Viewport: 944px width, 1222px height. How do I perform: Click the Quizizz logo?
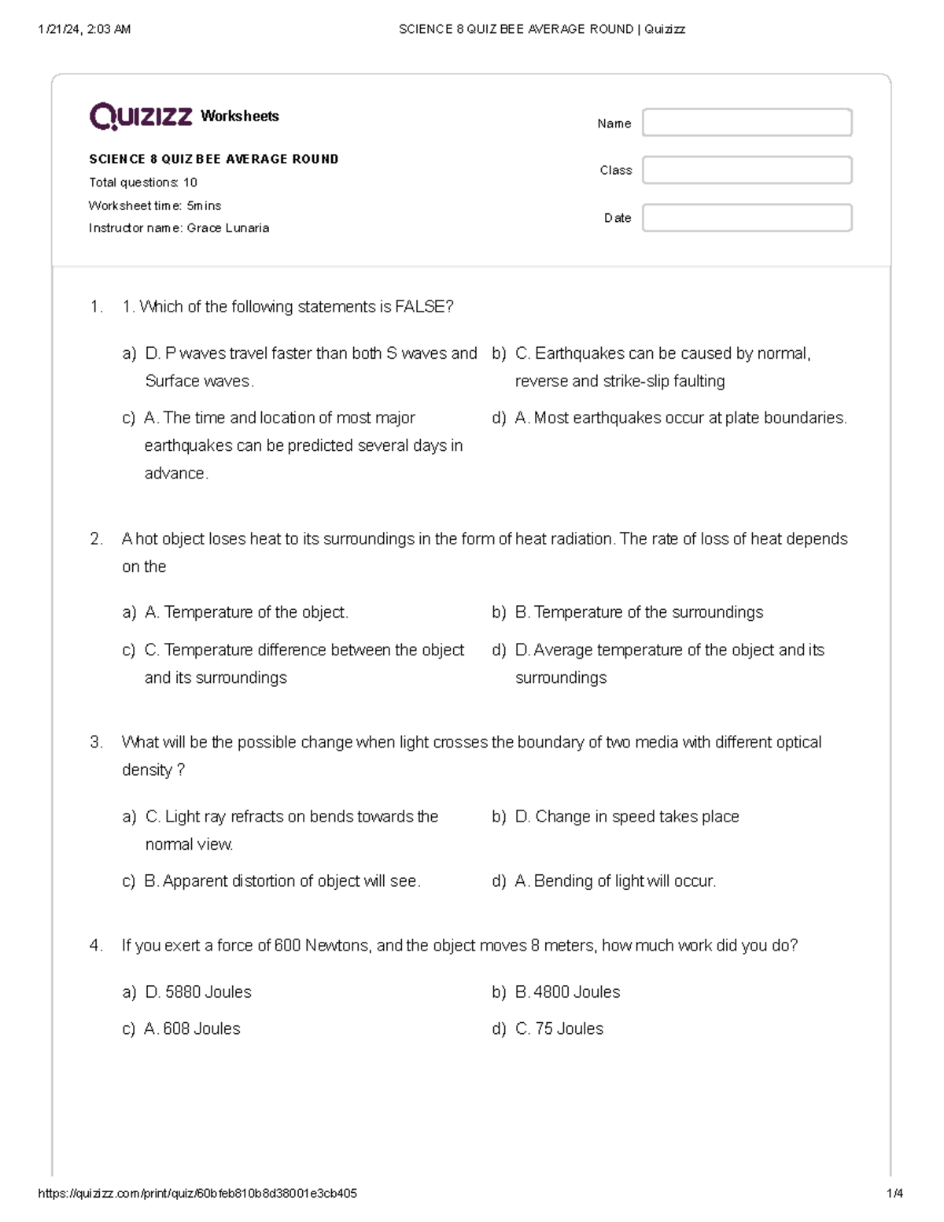141,116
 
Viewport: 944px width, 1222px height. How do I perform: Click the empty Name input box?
747,123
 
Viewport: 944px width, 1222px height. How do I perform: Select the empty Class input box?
747,170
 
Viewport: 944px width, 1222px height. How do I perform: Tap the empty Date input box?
747,218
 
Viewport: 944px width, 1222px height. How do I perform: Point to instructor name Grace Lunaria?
227,228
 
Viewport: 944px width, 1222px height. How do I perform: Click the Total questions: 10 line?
142,183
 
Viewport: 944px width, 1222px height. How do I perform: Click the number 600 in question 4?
287,946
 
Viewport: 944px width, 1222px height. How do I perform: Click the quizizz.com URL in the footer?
197,1194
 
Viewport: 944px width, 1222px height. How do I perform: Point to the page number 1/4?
894,1194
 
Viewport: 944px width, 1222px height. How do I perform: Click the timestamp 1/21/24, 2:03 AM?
84,30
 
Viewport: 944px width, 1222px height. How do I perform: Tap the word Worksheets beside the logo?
240,116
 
